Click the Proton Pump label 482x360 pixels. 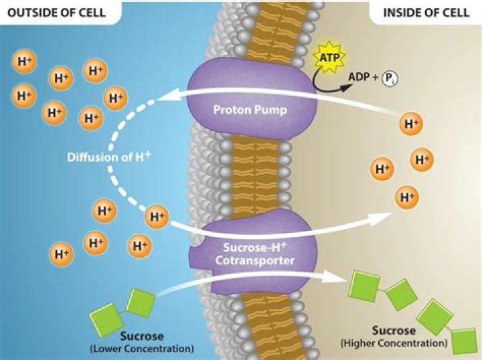point(240,110)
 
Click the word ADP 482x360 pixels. point(362,78)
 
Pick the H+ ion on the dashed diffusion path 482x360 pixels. point(157,215)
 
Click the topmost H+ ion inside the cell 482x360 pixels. point(410,124)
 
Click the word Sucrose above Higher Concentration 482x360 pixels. point(394,331)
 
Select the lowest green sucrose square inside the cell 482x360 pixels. point(463,341)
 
